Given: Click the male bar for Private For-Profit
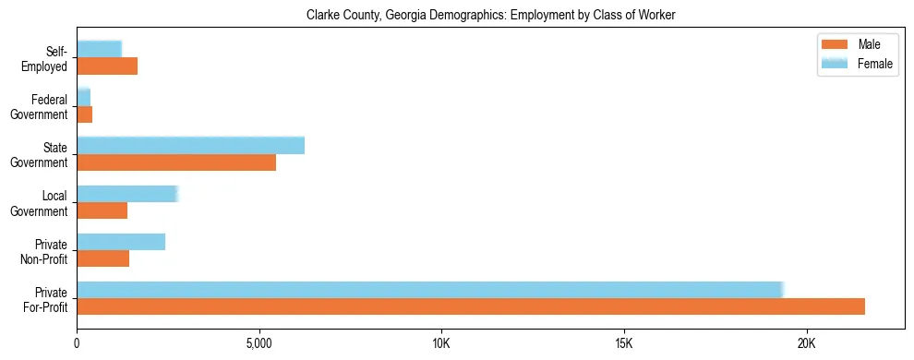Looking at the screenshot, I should (x=471, y=306).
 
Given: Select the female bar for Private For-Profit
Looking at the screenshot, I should (x=430, y=290).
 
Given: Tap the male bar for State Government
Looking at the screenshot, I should (x=176, y=162).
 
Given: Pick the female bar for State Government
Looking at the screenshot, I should (x=190, y=146).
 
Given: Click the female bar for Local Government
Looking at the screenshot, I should (x=126, y=194).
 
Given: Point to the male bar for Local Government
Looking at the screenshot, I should (x=102, y=210).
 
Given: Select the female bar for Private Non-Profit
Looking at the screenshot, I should (x=121, y=242).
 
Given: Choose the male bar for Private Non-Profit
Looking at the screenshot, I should (x=102, y=258).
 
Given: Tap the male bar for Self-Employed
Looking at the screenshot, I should (x=107, y=66).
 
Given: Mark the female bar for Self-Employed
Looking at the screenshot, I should (x=99, y=49).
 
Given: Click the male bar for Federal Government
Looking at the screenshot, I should (x=84, y=114).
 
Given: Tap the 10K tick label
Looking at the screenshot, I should (x=441, y=343).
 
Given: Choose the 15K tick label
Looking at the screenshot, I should (x=624, y=343).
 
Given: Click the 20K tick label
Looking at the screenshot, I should (x=807, y=343).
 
